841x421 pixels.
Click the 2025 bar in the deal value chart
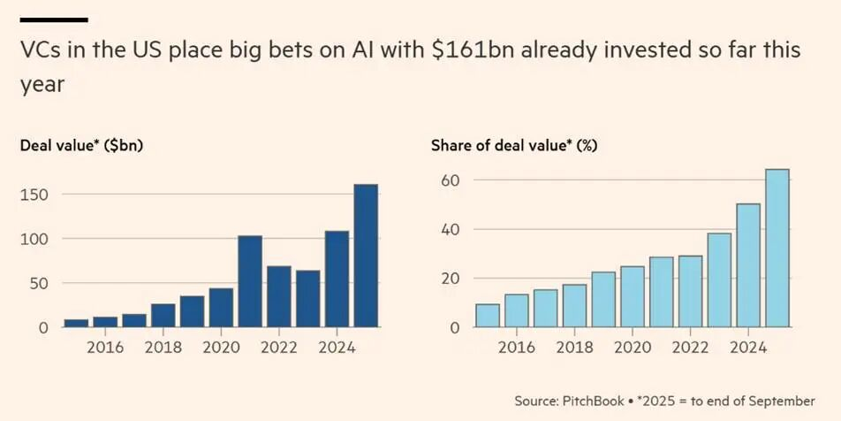click(366, 256)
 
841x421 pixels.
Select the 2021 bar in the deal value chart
click(250, 282)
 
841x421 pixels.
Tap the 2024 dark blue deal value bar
click(337, 279)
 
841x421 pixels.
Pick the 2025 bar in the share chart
click(777, 249)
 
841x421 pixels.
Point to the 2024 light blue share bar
click(747, 266)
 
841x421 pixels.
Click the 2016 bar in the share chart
click(517, 311)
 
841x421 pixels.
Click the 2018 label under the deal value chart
click(163, 348)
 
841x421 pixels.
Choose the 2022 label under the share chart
click(690, 348)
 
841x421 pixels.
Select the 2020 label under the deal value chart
click(221, 348)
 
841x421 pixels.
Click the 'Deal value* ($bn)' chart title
click(81, 146)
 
